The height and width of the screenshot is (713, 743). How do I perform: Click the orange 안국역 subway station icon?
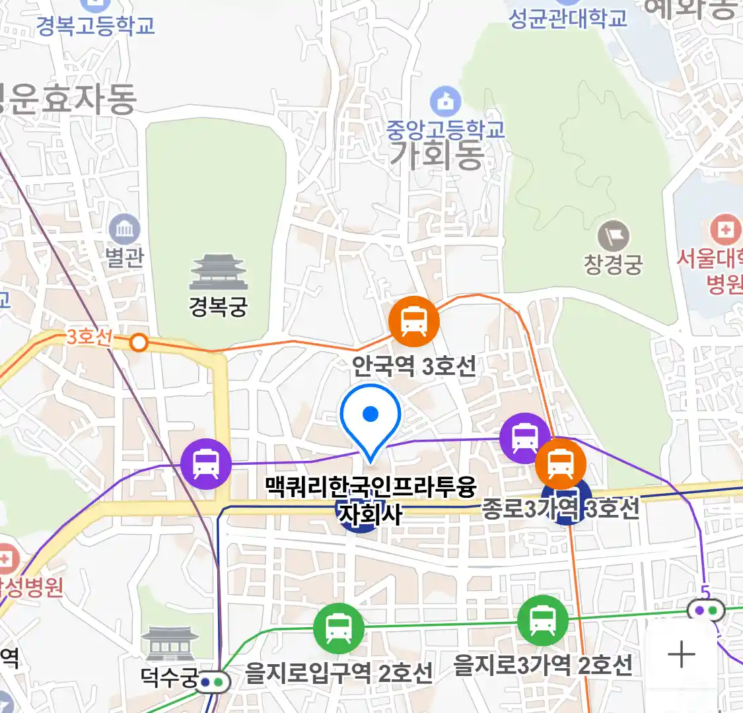point(414,322)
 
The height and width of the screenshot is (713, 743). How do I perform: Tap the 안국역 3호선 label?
point(413,365)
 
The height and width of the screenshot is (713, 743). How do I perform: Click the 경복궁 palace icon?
point(218,272)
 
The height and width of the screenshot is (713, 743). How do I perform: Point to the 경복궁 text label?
point(218,306)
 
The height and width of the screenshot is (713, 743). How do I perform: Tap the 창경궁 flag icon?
point(613,236)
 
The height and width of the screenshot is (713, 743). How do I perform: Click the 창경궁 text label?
point(613,265)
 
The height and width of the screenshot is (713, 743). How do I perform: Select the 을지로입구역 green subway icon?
point(339,628)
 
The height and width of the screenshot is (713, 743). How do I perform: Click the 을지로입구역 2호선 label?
point(339,673)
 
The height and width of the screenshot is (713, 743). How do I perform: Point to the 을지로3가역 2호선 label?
point(543,665)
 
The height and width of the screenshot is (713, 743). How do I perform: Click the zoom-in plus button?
point(682,655)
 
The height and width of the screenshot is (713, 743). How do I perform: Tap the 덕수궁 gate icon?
point(170,644)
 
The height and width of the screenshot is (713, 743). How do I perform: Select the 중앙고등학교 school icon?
point(446,101)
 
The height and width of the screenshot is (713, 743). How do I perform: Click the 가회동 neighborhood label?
point(437,156)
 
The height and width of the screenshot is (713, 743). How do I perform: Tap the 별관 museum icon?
point(124,230)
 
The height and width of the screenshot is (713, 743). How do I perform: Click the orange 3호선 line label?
point(89,337)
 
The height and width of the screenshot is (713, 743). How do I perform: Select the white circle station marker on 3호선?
point(139,342)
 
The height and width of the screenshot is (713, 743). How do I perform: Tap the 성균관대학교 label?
point(568,18)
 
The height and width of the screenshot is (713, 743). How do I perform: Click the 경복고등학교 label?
point(96,26)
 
